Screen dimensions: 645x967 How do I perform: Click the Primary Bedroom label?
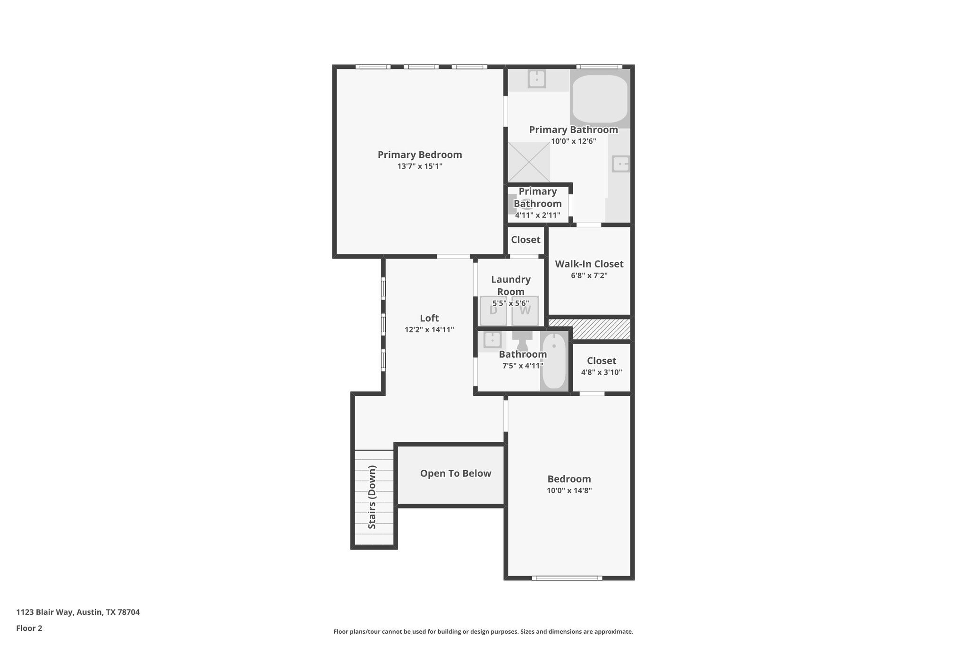419,155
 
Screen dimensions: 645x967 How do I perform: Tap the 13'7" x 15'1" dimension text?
419,166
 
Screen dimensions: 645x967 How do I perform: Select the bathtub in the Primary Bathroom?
600,99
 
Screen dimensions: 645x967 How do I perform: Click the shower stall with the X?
529,162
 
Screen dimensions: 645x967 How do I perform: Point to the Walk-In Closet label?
589,264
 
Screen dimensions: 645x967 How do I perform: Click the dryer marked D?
493,310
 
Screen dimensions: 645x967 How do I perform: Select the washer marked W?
525,310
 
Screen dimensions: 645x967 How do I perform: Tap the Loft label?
429,318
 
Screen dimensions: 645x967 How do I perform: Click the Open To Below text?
456,473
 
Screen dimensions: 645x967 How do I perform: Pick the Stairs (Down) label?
373,497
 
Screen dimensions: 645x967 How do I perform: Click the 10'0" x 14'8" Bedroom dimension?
569,490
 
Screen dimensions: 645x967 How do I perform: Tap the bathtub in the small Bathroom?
554,362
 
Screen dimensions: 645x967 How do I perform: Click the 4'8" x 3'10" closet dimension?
601,372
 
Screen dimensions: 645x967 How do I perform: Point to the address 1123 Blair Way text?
78,612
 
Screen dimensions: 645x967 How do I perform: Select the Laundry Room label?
510,285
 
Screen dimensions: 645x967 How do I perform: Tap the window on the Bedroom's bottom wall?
567,577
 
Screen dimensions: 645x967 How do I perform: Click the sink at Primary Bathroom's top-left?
537,79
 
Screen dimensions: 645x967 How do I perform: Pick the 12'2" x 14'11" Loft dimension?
429,330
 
